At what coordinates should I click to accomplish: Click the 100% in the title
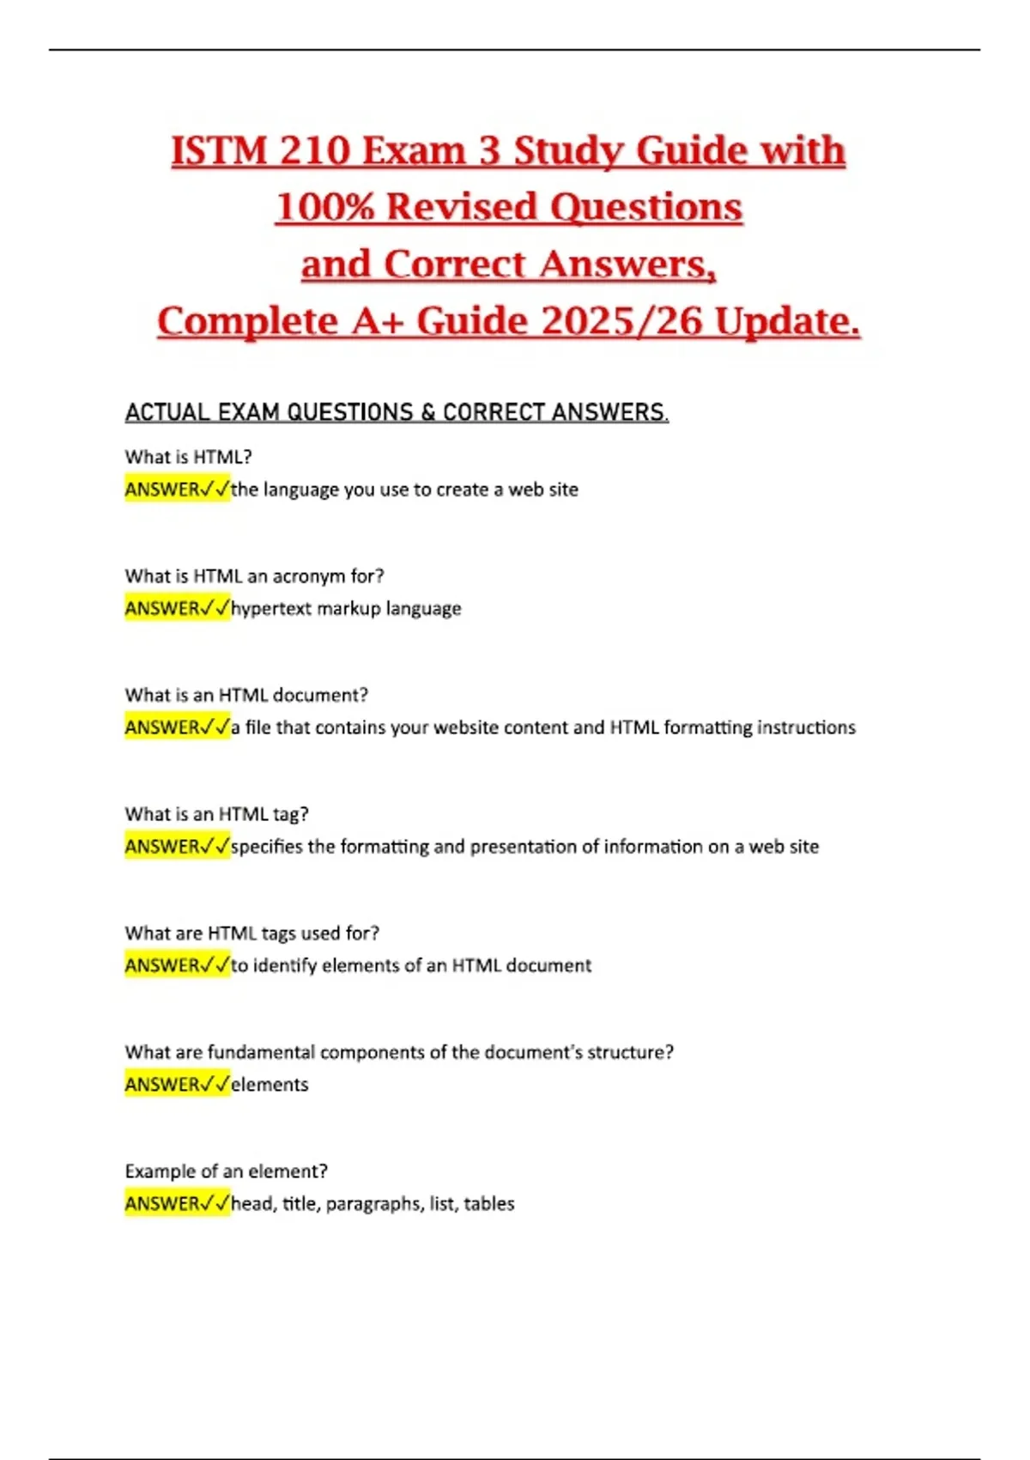pos(324,208)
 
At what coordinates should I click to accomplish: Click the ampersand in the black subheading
pos(427,413)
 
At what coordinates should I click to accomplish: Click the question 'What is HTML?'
pos(188,457)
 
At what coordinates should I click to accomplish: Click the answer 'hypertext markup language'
pos(346,609)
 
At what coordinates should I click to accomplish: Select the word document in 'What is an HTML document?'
pos(319,695)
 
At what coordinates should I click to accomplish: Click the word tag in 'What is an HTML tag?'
pos(290,814)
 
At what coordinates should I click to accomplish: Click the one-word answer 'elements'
pos(270,1085)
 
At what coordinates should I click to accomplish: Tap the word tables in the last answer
pos(488,1204)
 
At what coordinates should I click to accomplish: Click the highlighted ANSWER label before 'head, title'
pos(163,1204)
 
